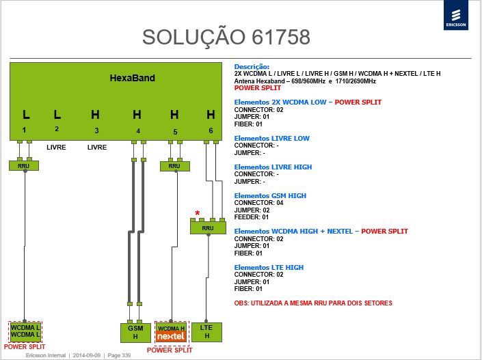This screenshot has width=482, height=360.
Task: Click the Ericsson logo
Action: point(456,15)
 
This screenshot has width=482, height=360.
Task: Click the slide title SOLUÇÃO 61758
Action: point(226,37)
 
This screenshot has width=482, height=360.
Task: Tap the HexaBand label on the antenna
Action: point(132,78)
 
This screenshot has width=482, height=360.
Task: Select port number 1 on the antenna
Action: point(25,130)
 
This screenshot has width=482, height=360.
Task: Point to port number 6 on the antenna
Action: point(211,130)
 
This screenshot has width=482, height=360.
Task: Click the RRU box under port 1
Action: point(24,166)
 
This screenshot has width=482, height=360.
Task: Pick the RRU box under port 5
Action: point(174,166)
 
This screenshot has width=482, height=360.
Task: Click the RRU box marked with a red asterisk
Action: point(208,228)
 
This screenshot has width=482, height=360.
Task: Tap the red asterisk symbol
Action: point(198,213)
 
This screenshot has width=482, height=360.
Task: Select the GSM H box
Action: point(135,333)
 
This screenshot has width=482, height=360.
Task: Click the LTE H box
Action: point(206,332)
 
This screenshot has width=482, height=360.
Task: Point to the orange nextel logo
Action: point(171,336)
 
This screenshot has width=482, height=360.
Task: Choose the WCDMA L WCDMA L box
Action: point(25,331)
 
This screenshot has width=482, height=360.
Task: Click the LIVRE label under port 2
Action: point(56,148)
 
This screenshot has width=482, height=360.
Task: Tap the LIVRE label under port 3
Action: point(97,148)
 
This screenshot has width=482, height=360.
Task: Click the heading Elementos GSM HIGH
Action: point(270,195)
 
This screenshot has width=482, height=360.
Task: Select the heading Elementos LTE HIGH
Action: point(269,268)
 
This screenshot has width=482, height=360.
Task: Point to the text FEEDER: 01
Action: point(252,217)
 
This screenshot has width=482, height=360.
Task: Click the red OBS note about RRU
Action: point(313,303)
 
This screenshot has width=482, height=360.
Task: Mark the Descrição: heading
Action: point(252,67)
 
